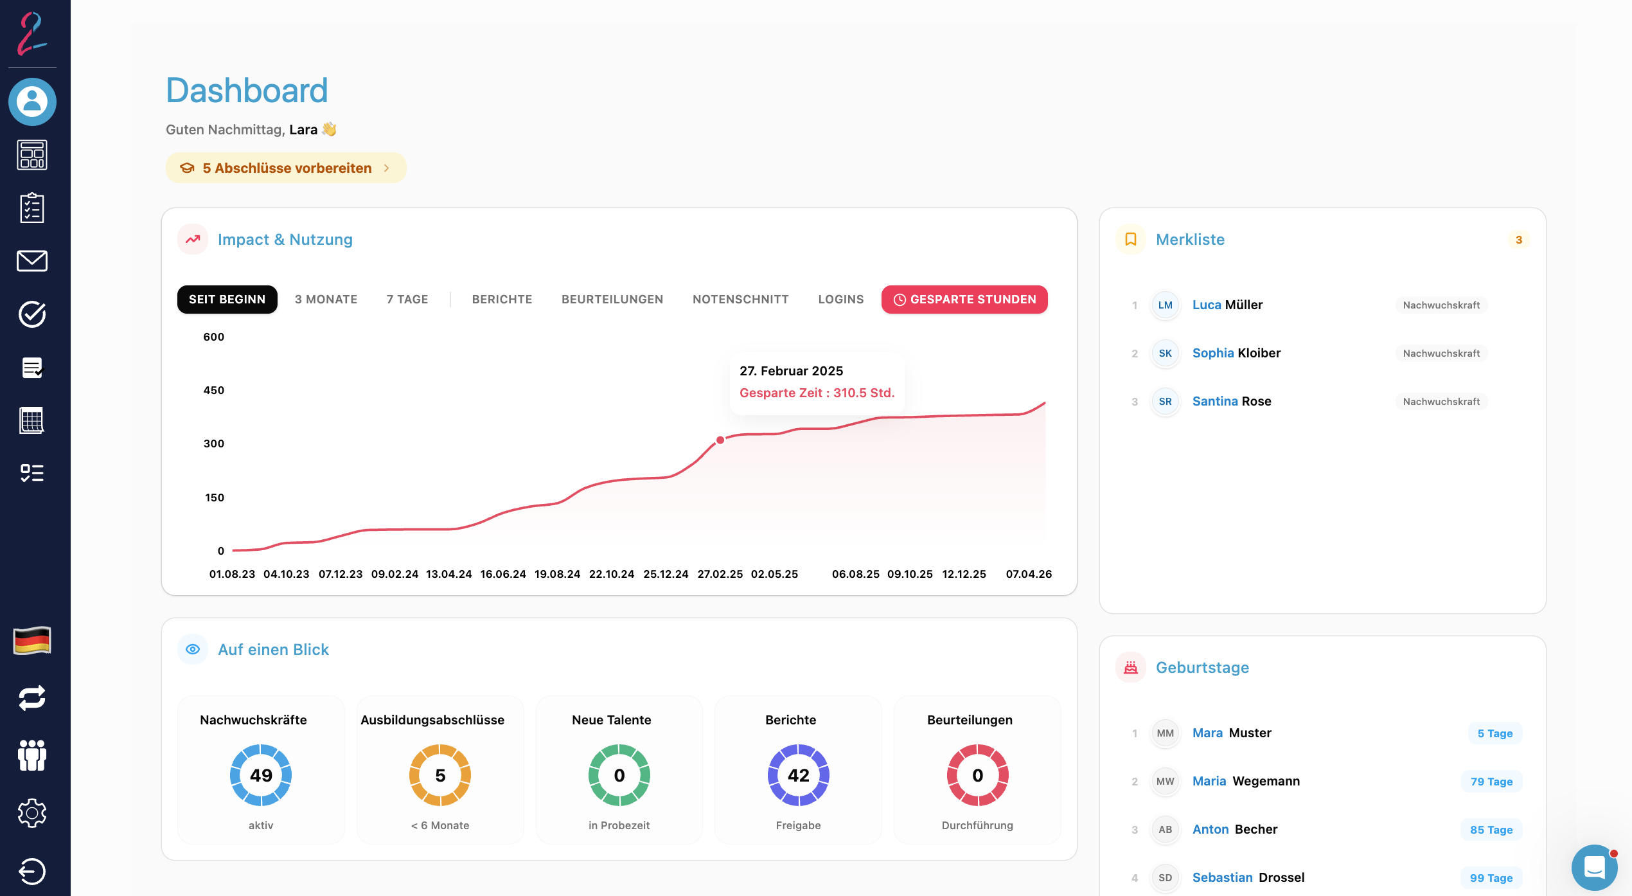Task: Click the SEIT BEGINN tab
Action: [x=227, y=300]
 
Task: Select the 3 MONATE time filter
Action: [x=326, y=300]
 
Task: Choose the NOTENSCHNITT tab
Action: [x=740, y=300]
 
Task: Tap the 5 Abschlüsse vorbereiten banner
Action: [x=286, y=168]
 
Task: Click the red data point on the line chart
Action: [x=720, y=440]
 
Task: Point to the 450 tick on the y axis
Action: [x=214, y=390]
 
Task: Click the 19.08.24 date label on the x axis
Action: [x=557, y=574]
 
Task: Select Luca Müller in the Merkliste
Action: [x=1227, y=305]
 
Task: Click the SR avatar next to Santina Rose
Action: [x=1165, y=402]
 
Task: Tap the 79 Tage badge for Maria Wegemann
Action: [x=1491, y=782]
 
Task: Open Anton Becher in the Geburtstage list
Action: [x=1234, y=829]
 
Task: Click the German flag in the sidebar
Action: [x=32, y=640]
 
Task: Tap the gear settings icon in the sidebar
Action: [x=32, y=813]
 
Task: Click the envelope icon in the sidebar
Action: [x=32, y=261]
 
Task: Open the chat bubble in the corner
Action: [x=1595, y=867]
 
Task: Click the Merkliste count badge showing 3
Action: [x=1518, y=240]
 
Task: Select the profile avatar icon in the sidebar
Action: [x=32, y=102]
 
